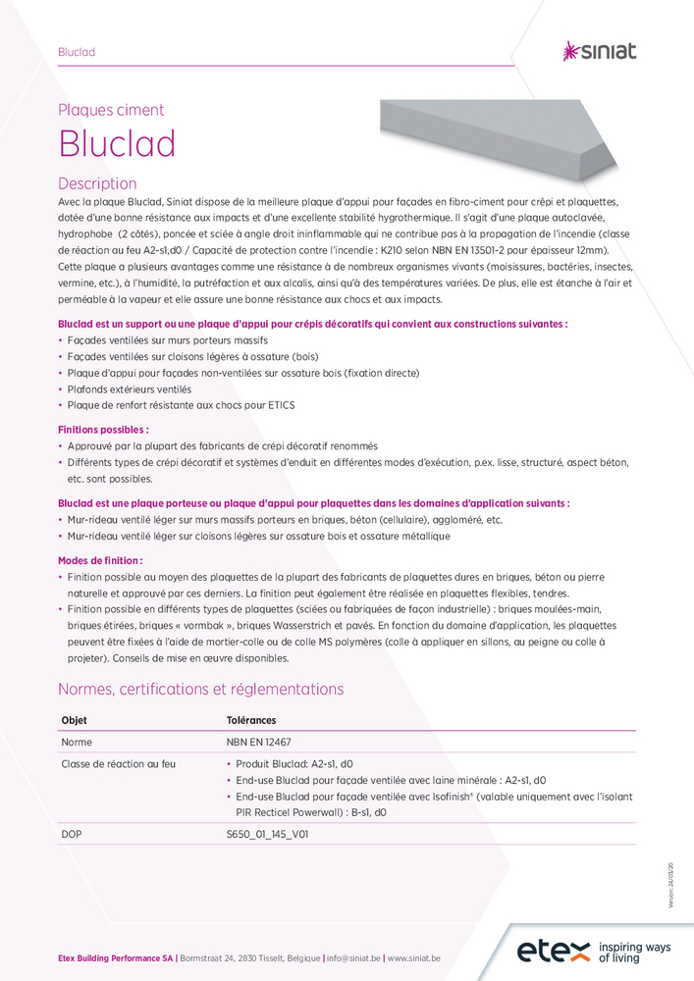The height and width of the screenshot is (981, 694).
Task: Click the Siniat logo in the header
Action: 599,51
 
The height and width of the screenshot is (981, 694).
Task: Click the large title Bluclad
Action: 117,144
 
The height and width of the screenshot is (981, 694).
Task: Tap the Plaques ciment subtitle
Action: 111,110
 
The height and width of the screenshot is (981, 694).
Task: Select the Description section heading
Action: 97,183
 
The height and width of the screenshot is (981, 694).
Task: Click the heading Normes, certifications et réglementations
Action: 200,689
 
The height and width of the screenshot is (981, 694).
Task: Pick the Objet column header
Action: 74,720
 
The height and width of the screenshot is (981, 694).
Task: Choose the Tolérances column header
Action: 251,720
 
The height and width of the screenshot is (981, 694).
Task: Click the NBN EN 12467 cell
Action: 264,743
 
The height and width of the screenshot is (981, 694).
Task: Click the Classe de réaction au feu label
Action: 119,763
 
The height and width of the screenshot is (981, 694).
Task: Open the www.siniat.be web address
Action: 413,957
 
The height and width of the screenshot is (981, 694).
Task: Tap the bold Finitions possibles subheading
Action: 103,430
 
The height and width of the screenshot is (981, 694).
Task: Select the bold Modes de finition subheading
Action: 100,560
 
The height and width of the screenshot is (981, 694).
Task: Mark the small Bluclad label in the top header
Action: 77,51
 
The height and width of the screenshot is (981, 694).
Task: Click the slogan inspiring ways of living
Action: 634,952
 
